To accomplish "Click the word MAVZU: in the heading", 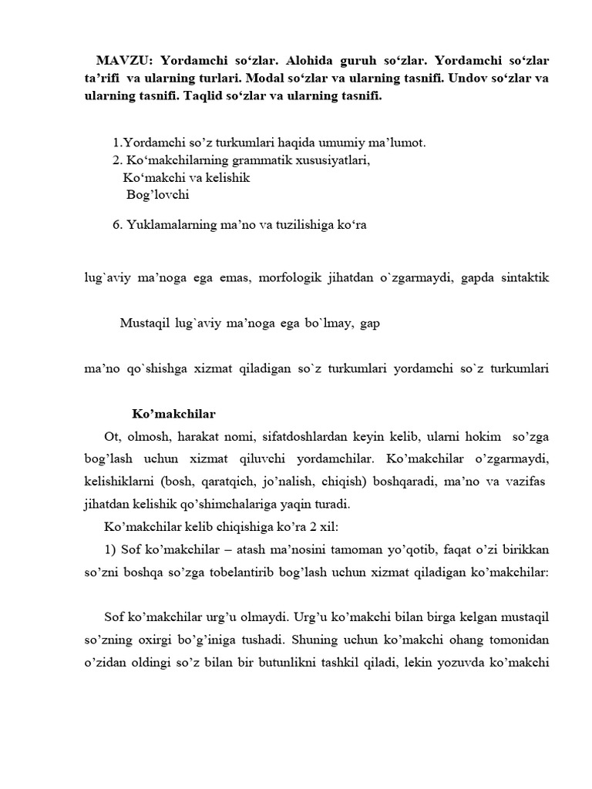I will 124,60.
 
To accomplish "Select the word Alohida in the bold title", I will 305,60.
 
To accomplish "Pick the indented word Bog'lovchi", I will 158,195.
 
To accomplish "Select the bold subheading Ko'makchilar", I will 174,414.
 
